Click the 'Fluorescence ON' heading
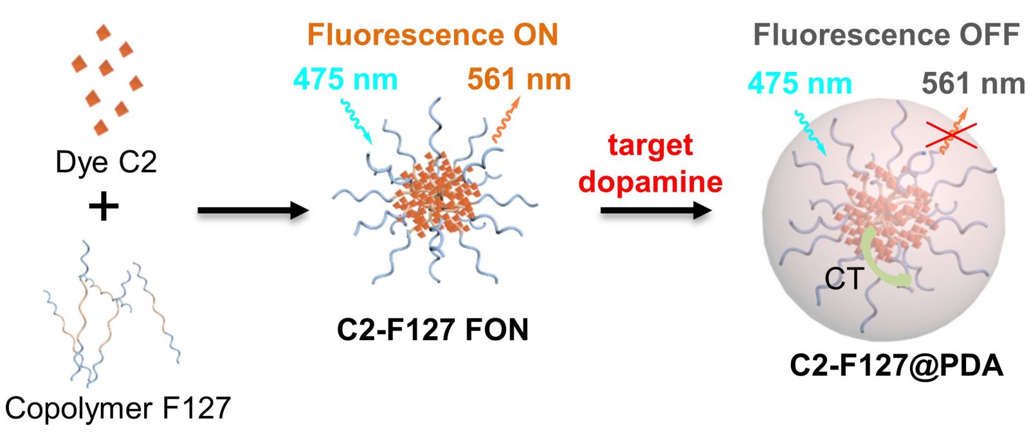(x=432, y=35)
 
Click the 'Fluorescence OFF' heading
(x=886, y=35)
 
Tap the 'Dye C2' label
(x=106, y=162)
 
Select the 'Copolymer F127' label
(x=118, y=408)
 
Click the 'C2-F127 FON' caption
(x=432, y=330)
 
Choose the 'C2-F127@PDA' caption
(x=896, y=366)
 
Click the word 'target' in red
(x=650, y=145)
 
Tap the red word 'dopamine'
(x=650, y=182)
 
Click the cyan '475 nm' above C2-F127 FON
(x=345, y=80)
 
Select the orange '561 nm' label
(x=519, y=80)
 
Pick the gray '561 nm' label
(x=973, y=84)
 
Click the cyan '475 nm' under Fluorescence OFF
(x=800, y=84)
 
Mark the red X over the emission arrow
(x=952, y=136)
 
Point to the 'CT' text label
(x=844, y=279)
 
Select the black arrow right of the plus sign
(x=253, y=210)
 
